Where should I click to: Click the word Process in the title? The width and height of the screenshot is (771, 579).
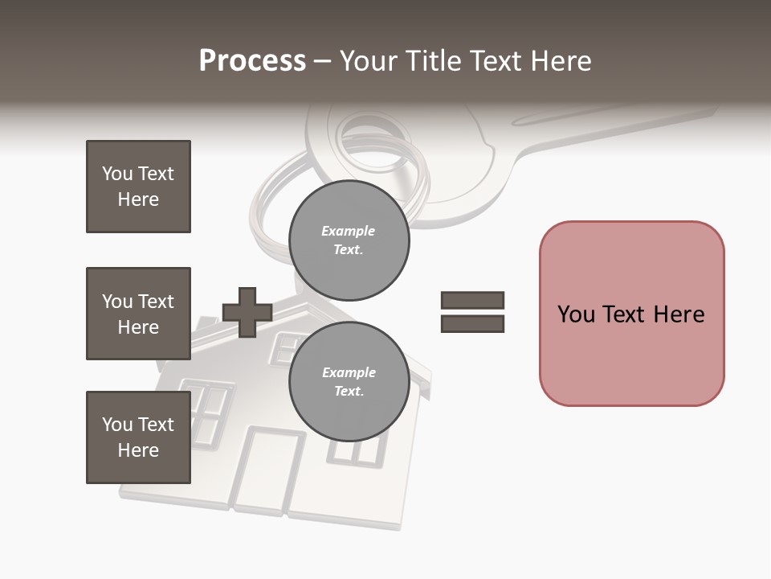coord(252,61)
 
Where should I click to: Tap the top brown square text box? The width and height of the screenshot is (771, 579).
coord(138,187)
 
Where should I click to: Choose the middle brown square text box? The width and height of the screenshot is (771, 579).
coord(138,314)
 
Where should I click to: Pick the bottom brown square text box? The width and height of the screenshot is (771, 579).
coord(138,437)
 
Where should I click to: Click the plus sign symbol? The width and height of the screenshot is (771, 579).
coord(247,312)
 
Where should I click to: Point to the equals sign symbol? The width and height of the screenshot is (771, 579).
coord(472,312)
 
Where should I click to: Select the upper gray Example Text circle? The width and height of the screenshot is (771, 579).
coord(349,240)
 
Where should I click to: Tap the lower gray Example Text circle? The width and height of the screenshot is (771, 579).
coord(349,382)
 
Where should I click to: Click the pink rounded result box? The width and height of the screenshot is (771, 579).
coord(631,314)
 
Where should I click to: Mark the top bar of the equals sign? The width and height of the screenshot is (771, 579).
coord(472,301)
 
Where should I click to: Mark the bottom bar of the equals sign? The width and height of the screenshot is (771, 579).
coord(472,324)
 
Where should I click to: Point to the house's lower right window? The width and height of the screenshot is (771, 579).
coord(356,450)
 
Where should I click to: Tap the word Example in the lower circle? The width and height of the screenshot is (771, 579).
coord(349,372)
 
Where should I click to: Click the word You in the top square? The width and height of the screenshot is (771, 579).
coord(116,174)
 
